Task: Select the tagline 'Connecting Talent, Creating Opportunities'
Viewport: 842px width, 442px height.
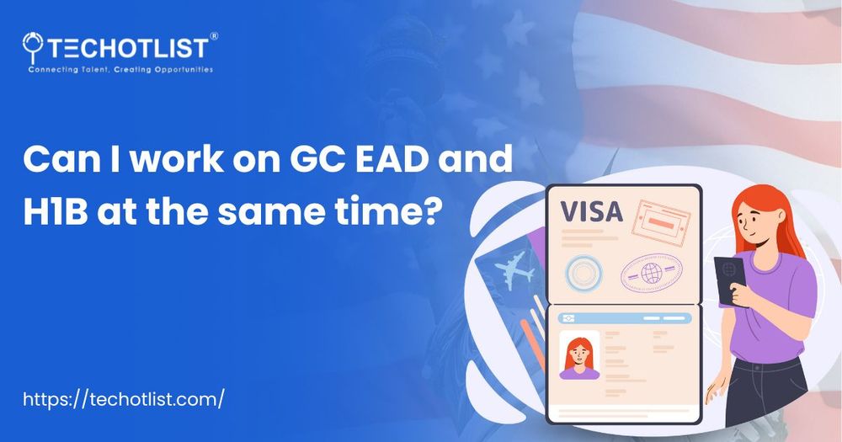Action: coord(120,69)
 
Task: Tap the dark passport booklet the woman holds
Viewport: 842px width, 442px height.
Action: coord(726,273)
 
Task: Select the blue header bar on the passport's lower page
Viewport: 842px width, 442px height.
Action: coord(624,317)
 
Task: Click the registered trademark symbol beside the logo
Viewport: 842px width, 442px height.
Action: coord(213,36)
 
